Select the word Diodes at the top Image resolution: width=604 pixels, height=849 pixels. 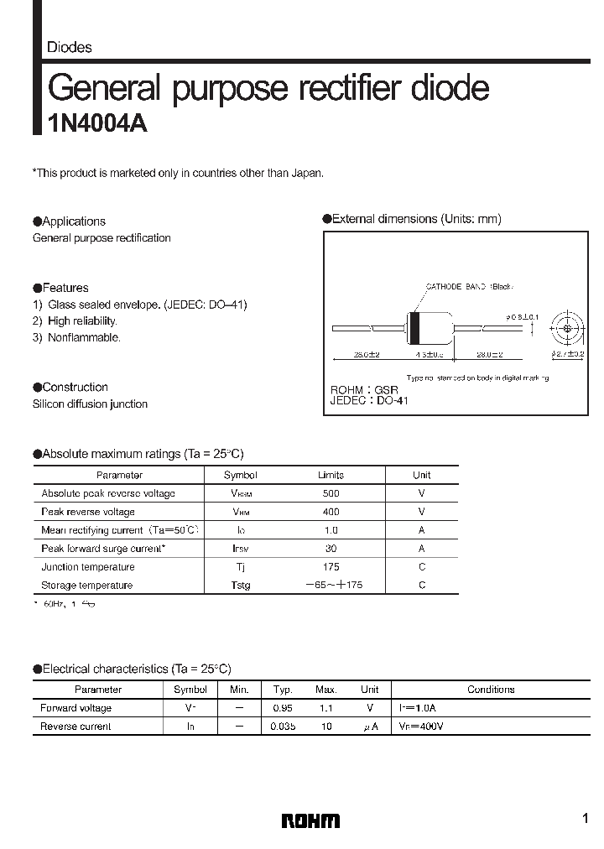point(70,48)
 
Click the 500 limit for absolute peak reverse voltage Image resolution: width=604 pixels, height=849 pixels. point(331,493)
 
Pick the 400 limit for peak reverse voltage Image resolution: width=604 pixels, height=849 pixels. point(331,512)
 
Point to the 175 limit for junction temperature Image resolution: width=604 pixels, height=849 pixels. point(331,567)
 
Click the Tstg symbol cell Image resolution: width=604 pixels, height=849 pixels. point(241,586)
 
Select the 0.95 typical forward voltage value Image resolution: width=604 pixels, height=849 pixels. point(283,708)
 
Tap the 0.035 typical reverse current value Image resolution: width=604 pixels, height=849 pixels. point(283,727)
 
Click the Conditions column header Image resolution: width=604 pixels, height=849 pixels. point(491,690)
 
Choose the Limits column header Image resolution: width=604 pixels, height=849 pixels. point(331,475)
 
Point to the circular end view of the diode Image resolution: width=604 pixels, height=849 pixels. point(567,328)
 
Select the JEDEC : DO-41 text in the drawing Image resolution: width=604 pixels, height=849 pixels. point(369,402)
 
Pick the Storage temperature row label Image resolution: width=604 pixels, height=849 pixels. point(87,586)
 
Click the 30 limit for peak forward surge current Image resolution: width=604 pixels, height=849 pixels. point(331,549)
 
